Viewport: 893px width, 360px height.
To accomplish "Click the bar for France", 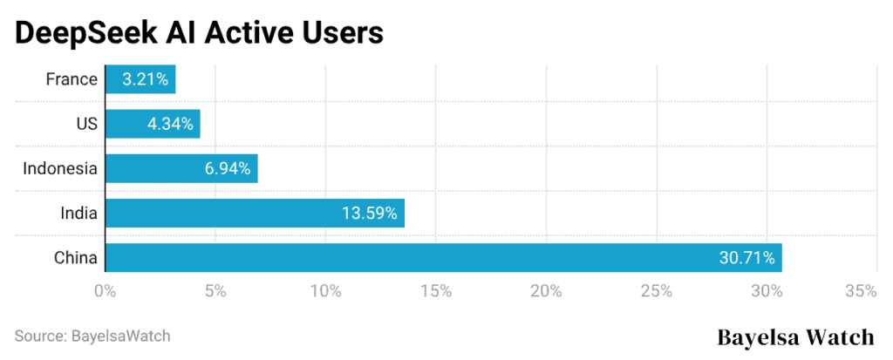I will tap(140, 79).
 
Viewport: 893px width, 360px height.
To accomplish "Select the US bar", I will tap(153, 124).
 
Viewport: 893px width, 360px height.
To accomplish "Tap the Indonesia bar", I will tap(181, 168).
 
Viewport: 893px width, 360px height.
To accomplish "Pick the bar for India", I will tap(255, 213).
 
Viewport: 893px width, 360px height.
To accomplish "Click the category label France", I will tap(72, 79).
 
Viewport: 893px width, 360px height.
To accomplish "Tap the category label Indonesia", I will tap(59, 168).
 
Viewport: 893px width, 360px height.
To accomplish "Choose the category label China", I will tap(74, 258).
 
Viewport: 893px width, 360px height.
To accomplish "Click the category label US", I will tap(85, 124).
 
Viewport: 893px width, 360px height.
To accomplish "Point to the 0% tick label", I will tap(106, 291).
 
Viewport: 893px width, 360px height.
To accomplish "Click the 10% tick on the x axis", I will tap(326, 291).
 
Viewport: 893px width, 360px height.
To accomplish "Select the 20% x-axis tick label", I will tap(547, 291).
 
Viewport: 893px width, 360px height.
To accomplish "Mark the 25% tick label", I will tap(657, 291).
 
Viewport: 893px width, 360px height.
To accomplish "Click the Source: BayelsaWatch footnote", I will tap(92, 336).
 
